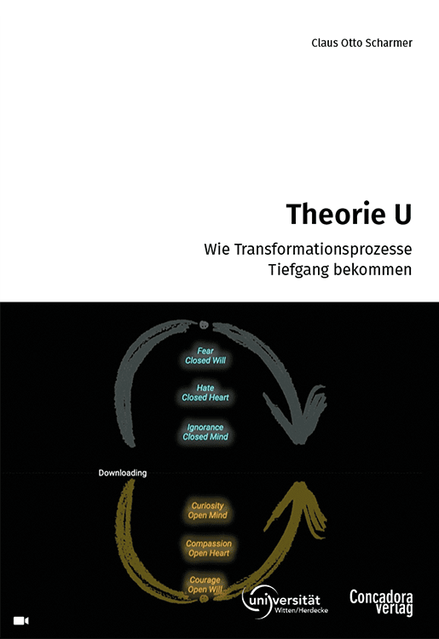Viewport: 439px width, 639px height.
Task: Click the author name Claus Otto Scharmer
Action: tap(361, 43)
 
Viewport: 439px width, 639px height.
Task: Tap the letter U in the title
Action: tap(402, 214)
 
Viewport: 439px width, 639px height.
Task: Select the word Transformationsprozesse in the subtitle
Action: tap(323, 250)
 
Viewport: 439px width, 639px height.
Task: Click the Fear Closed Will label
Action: tap(205, 355)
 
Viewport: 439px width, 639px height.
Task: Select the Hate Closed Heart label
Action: tap(205, 393)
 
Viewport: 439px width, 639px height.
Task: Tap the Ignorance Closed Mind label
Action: tap(205, 432)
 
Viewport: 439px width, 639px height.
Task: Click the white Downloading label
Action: tap(122, 473)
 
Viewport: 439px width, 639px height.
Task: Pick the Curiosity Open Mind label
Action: tap(207, 510)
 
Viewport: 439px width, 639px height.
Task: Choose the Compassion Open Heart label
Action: tap(209, 548)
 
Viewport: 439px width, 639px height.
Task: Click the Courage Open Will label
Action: tap(205, 584)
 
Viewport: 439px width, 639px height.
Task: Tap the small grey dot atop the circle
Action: tap(204, 325)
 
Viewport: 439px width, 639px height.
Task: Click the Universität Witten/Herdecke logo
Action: tap(285, 602)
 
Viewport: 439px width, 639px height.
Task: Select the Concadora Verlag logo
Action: tap(381, 602)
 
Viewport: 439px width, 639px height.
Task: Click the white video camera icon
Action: tap(21, 620)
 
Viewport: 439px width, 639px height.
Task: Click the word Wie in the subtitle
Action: tap(217, 249)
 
